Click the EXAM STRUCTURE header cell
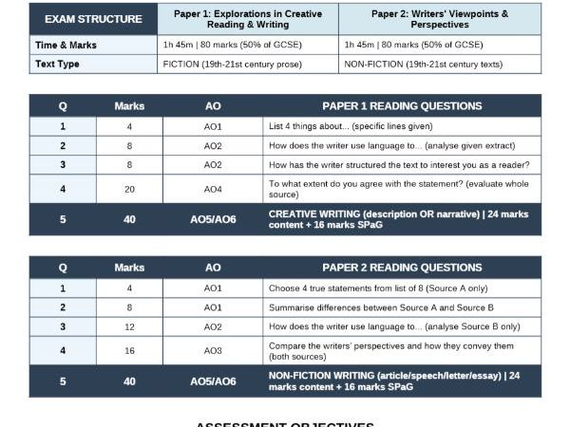93,19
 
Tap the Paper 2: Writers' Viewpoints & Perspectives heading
439,19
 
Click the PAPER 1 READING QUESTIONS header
402,106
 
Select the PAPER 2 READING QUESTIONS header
402,268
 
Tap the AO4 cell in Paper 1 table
213,189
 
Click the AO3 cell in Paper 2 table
213,350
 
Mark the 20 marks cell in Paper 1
129,189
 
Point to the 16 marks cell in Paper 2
129,350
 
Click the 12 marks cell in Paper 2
129,326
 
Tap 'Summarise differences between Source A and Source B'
381,307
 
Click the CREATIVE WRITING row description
401,219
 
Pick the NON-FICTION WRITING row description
401,381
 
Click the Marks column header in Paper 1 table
129,106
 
